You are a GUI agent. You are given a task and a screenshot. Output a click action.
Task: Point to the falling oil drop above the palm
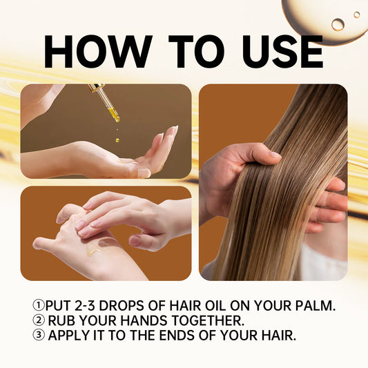(x=117, y=139)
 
